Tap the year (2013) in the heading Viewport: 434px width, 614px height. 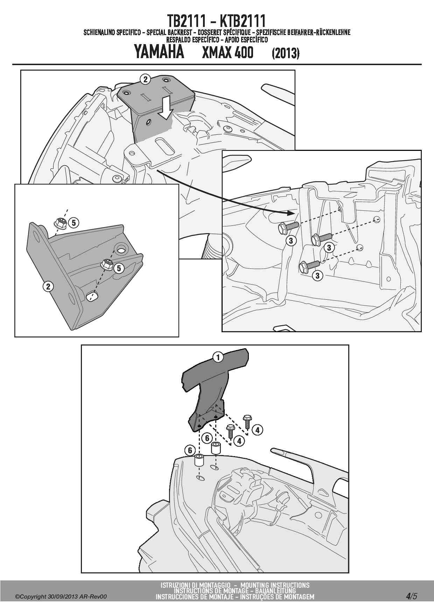286,53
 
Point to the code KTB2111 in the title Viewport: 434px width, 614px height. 243,21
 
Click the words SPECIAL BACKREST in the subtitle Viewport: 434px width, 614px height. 168,33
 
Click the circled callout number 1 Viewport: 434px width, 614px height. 218,357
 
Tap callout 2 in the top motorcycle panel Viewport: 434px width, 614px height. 145,79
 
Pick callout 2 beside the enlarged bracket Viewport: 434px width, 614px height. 48,286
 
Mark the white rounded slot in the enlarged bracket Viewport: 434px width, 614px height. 92,296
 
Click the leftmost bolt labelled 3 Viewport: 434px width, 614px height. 288,228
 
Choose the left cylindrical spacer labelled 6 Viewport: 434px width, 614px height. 199,460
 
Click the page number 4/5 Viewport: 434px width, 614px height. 412,596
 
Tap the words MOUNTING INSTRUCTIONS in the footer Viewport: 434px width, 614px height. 275,585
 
